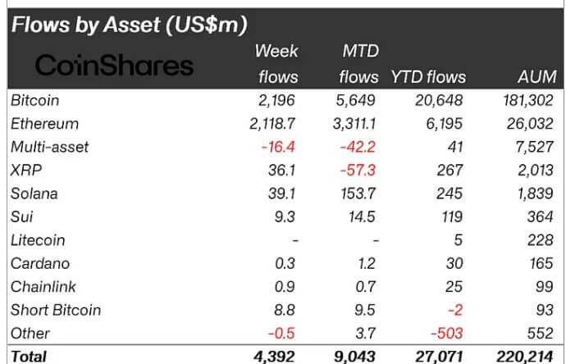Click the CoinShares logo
103,66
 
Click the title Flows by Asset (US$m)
128,25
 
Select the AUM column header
537,77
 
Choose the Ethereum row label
45,124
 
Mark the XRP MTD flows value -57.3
360,171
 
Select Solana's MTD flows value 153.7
359,193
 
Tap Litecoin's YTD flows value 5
460,240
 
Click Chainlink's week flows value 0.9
286,287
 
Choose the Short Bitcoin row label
56,310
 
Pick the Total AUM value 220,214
524,357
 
